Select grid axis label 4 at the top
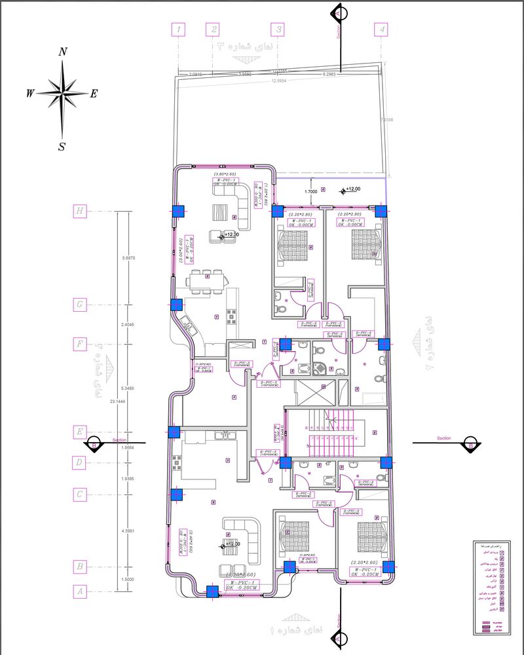tap(381, 29)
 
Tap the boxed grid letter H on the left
tap(80, 211)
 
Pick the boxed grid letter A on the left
tap(80, 591)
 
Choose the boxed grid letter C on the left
tap(80, 495)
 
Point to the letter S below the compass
tap(62, 147)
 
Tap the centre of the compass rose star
tap(62, 94)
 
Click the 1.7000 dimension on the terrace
tap(312, 191)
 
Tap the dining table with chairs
tap(207, 280)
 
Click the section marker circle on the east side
tap(469, 443)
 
